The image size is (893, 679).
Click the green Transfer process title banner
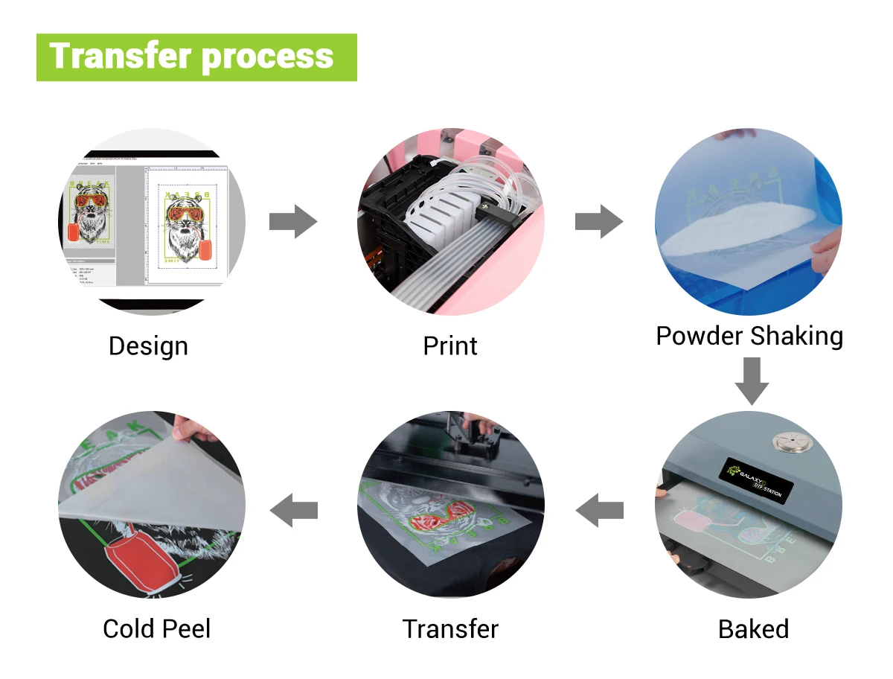pos(196,57)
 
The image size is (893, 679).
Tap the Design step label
pos(148,346)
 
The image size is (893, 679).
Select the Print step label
pos(450,346)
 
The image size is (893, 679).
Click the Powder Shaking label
pos(749,336)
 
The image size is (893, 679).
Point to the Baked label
pos(753,629)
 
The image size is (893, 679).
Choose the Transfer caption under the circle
pos(450,629)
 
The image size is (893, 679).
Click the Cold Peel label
pos(157,629)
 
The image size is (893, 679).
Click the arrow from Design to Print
pos(293,222)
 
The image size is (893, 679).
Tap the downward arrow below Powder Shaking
pos(752,380)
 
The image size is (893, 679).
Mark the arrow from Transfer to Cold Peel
pos(293,511)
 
